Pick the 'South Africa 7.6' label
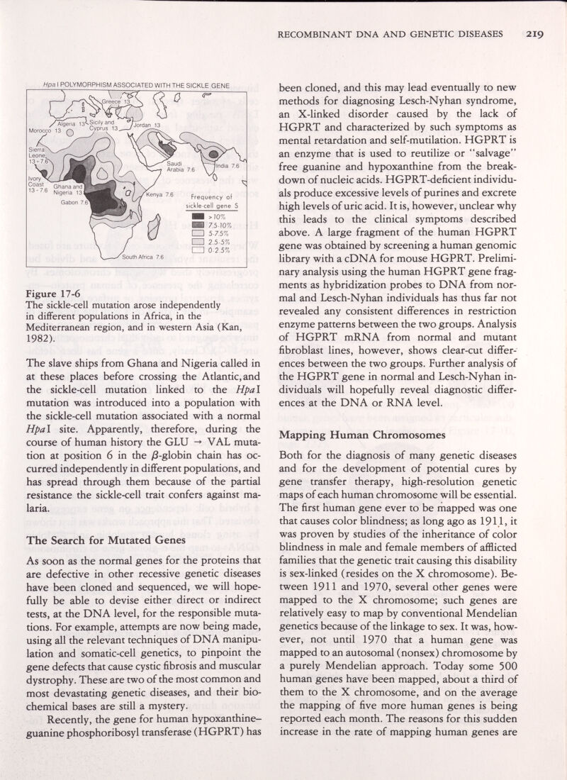tap(143, 257)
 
